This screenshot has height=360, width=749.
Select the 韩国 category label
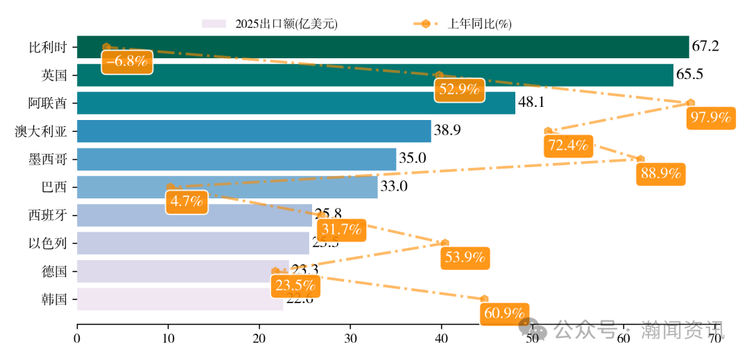coord(54,300)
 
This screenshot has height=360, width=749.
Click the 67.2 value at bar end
coord(705,47)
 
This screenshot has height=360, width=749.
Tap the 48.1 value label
coord(531,103)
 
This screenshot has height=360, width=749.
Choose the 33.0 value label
coord(394,187)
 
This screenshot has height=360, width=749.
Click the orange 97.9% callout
coord(710,118)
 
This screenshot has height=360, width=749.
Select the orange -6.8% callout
coord(126,61)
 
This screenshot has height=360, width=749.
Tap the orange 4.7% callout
coord(187,203)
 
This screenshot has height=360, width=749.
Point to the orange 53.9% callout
coord(464,258)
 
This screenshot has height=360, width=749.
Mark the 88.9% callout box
coord(660,173)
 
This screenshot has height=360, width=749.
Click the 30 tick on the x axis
coord(350,338)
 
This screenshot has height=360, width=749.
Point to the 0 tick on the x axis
coord(77,338)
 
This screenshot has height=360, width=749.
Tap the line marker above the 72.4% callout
coord(548,131)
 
